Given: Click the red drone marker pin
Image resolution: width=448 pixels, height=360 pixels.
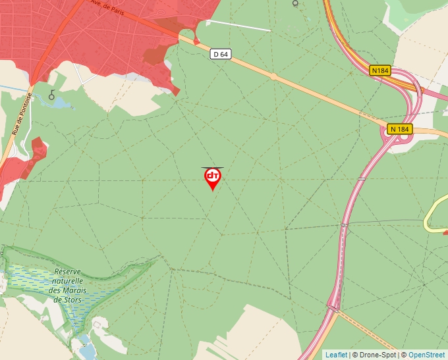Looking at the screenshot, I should point(212,178).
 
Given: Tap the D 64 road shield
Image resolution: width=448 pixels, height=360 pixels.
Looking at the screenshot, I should point(221,55).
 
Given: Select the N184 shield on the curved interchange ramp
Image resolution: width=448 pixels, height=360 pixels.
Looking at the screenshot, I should point(379,70).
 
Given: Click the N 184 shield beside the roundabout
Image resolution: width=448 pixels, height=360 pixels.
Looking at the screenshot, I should point(400,129).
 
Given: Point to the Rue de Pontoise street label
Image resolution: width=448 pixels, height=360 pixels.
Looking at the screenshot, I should point(17,116).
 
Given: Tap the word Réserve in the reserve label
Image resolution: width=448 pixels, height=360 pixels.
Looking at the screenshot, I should point(67,271).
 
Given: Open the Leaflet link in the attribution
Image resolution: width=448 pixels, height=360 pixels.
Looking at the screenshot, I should point(336,355).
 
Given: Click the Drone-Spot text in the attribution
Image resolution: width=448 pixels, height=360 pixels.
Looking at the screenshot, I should point(376,355).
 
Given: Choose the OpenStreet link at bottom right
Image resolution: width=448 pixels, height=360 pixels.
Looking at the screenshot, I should point(426,355).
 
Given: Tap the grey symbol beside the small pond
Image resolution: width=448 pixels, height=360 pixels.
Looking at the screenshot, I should point(51,94).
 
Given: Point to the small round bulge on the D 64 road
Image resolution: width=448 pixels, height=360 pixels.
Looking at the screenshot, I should point(273,77).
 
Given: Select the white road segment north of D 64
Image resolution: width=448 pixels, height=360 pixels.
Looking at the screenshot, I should point(238,25).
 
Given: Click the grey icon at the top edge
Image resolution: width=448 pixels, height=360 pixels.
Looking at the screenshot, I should point(295,3).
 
